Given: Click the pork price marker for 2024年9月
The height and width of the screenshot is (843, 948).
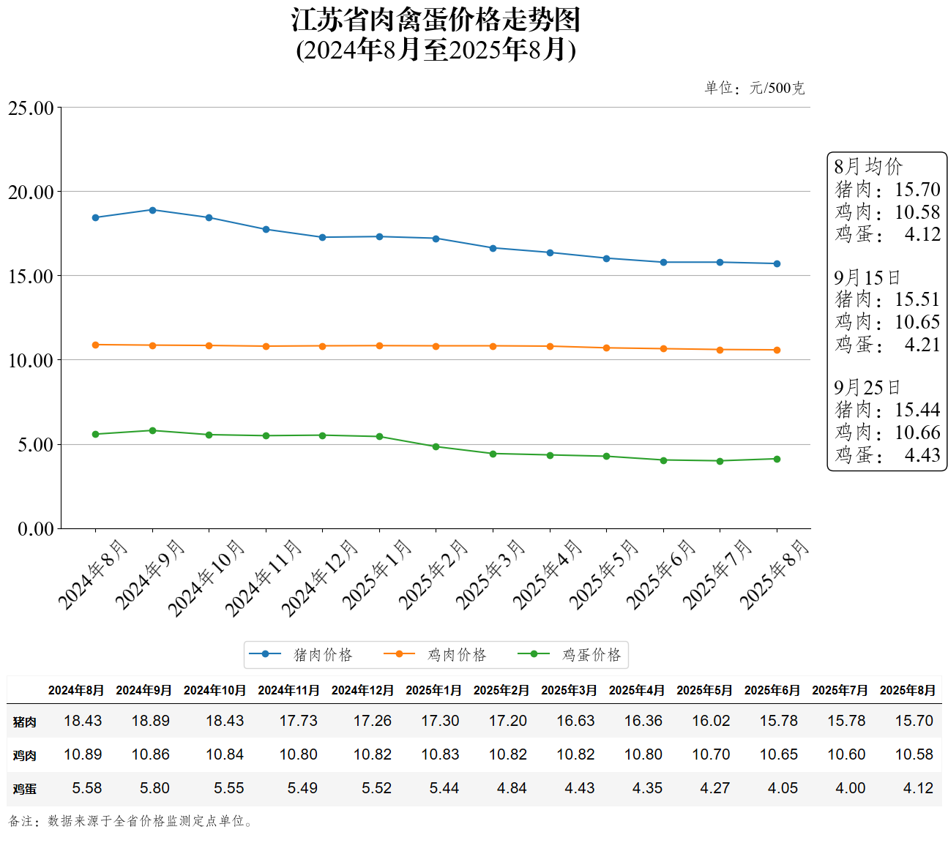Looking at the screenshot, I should (x=152, y=210).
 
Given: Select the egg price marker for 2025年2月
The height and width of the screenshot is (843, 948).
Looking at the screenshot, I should (x=436, y=446).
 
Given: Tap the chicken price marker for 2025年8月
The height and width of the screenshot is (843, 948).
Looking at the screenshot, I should (x=777, y=350).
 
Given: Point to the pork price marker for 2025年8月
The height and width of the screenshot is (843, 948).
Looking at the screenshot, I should (x=777, y=263).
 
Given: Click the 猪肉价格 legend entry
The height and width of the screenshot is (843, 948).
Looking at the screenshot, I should (x=302, y=654).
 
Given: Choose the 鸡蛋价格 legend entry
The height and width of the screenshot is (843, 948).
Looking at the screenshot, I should (x=570, y=654).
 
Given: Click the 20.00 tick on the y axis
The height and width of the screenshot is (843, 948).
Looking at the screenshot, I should (x=31, y=192).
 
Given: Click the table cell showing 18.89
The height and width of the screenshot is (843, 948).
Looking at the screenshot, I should (x=150, y=721).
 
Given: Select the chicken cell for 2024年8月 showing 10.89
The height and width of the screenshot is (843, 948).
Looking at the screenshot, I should (x=83, y=754).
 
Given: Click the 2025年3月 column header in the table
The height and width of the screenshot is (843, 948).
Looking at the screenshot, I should (x=569, y=690).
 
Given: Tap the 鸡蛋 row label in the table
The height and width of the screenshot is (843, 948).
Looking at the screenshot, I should (x=24, y=789).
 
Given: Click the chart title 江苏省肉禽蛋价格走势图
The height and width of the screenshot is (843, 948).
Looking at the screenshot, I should (x=436, y=20).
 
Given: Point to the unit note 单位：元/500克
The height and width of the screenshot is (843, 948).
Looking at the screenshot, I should (x=754, y=89).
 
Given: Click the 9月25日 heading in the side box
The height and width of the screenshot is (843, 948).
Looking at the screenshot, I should (x=867, y=388).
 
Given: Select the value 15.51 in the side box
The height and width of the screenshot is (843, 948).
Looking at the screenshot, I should (x=917, y=299).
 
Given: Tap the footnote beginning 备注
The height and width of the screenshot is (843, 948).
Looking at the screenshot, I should (x=131, y=821).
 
